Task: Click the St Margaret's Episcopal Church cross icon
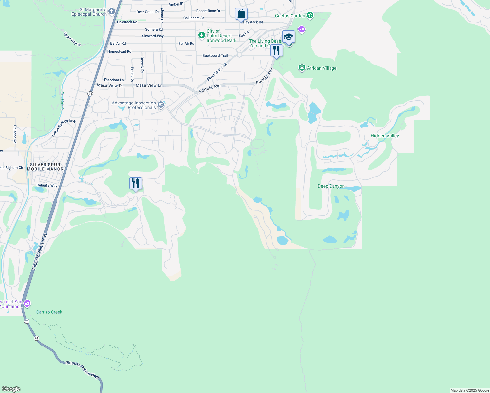(112, 12)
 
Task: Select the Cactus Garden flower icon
(310, 15)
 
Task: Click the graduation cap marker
(289, 37)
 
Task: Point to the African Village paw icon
(302, 68)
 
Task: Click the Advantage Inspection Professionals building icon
(160, 105)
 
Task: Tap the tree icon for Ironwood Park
(202, 35)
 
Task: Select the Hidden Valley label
(385, 136)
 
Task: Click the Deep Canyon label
(331, 186)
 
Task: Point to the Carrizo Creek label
(49, 312)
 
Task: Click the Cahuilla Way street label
(47, 185)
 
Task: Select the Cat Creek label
(62, 100)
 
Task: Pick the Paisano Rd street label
(15, 134)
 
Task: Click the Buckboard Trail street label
(215, 56)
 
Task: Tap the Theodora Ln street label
(114, 80)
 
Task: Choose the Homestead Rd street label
(119, 52)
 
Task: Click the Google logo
(11, 389)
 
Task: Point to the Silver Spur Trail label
(217, 72)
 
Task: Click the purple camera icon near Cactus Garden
(302, 29)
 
